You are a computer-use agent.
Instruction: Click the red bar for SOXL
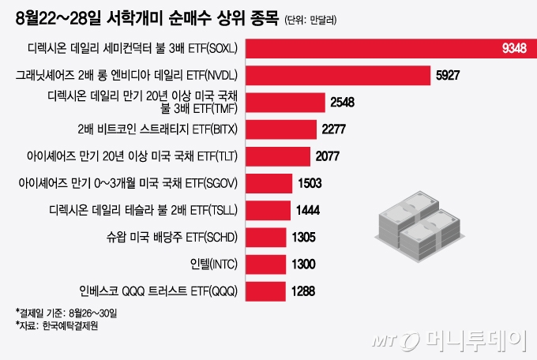[x=387, y=49]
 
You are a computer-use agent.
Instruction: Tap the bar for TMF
[x=285, y=103]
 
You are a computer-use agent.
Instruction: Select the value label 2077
[x=327, y=156]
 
